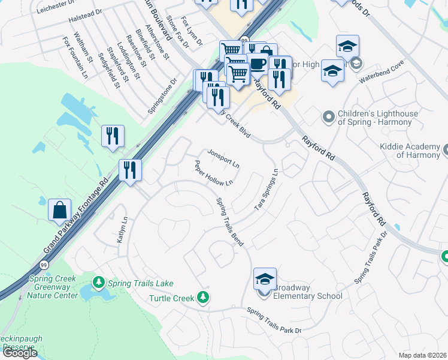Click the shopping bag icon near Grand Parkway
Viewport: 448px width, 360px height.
pyautogui.click(x=60, y=210)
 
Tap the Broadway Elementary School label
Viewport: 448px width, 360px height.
pyautogui.click(x=308, y=292)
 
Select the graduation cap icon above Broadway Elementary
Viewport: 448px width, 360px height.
pyautogui.click(x=265, y=278)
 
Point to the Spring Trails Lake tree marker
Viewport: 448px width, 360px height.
pyautogui.click(x=99, y=281)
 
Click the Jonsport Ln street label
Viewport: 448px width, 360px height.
pyautogui.click(x=223, y=158)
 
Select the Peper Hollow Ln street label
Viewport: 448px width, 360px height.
pyautogui.click(x=213, y=172)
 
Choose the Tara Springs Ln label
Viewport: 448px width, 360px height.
pyautogui.click(x=267, y=188)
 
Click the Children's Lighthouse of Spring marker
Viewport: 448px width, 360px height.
pyautogui.click(x=328, y=117)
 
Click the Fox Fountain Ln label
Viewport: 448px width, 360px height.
pyautogui.click(x=75, y=57)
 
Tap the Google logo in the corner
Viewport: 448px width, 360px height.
pyautogui.click(x=20, y=352)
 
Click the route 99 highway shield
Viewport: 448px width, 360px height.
pyautogui.click(x=44, y=264)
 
